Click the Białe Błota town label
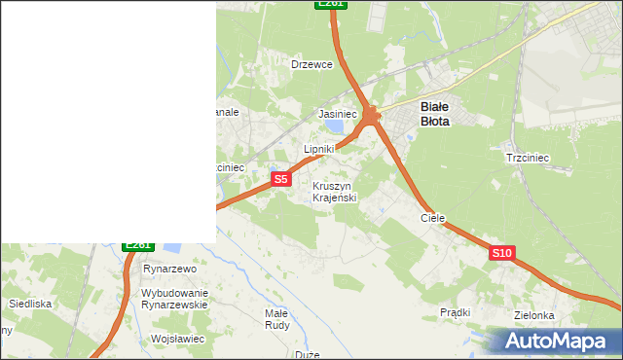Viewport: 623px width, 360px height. click(x=434, y=114)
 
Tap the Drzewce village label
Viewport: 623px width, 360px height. click(x=312, y=64)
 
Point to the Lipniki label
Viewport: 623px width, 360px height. click(x=319, y=149)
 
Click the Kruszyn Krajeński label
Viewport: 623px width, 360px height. click(x=335, y=192)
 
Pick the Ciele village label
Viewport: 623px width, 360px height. click(x=432, y=218)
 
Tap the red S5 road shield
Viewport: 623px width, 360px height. click(x=280, y=179)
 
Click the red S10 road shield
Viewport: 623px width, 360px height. click(x=501, y=253)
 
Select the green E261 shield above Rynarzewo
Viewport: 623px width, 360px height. click(x=138, y=245)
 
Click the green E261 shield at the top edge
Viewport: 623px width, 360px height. click(x=331, y=4)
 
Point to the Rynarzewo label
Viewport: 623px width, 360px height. click(x=170, y=269)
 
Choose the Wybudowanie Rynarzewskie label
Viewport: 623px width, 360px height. click(x=175, y=299)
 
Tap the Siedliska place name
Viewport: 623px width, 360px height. click(x=29, y=304)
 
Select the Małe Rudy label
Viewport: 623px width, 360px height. click(x=276, y=319)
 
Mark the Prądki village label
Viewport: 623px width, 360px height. click(x=455, y=312)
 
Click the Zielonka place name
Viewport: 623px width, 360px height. click(x=533, y=315)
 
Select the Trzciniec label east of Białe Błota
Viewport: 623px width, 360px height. click(x=528, y=158)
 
